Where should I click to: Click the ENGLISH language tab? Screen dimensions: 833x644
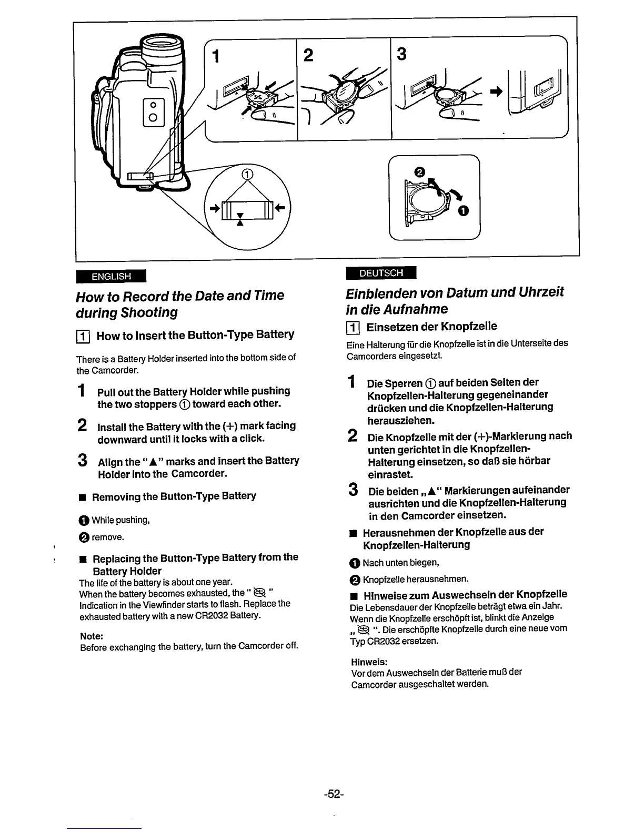point(110,276)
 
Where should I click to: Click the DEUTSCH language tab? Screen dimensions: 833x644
point(381,273)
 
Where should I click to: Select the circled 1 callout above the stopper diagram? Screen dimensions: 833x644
point(246,176)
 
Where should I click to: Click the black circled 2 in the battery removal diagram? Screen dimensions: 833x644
point(419,171)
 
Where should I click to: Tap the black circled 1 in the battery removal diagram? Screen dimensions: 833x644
point(462,211)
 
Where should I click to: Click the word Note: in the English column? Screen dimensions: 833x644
point(92,636)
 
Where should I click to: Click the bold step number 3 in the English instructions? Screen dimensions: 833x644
point(82,461)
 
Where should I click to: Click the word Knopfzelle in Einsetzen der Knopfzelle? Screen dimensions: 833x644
point(468,327)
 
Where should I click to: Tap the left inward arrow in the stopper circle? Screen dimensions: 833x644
point(214,208)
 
